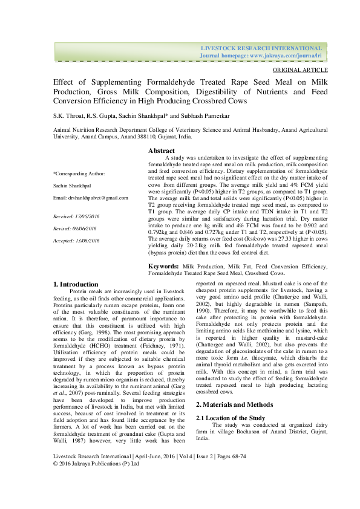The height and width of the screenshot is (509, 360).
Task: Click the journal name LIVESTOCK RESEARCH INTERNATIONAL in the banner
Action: pos(261,48)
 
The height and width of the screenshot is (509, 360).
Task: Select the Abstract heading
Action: pos(162,151)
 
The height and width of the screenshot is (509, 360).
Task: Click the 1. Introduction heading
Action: pos(76,284)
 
